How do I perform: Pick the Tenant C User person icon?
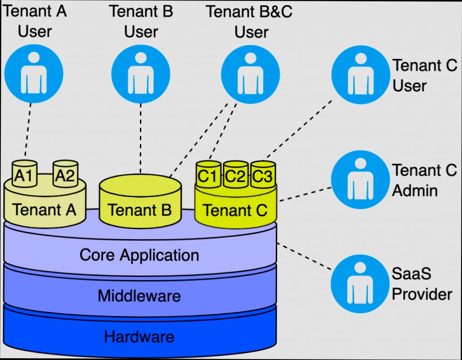(x=360, y=73)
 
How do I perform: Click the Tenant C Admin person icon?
(x=360, y=179)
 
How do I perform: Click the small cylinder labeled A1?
(x=24, y=174)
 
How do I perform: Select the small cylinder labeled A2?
(x=65, y=174)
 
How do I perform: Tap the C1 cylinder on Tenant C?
(x=208, y=175)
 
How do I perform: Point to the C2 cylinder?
(x=235, y=175)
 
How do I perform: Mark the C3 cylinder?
(x=263, y=175)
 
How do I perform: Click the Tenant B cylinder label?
(x=139, y=209)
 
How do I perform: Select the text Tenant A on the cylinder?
(x=44, y=209)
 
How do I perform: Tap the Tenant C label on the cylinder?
(x=235, y=209)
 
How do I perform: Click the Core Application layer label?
(x=139, y=255)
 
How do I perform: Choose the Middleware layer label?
(x=139, y=296)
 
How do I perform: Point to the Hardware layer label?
(x=139, y=336)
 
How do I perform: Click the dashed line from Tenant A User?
(x=28, y=130)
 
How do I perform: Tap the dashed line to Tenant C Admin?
(x=305, y=194)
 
